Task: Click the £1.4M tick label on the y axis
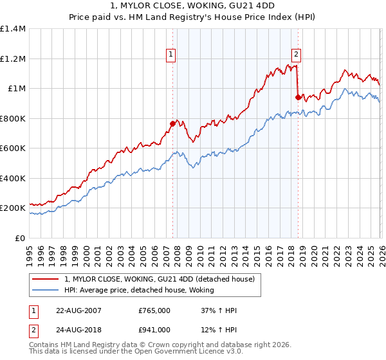point(13,29)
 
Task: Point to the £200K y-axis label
point(13,208)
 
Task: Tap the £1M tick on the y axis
point(17,89)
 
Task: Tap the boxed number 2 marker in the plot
point(297,55)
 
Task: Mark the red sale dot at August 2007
point(172,123)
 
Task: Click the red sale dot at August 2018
point(297,97)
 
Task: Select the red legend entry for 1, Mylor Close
point(160,279)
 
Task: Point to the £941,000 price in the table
point(154,329)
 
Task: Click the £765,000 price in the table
point(154,310)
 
